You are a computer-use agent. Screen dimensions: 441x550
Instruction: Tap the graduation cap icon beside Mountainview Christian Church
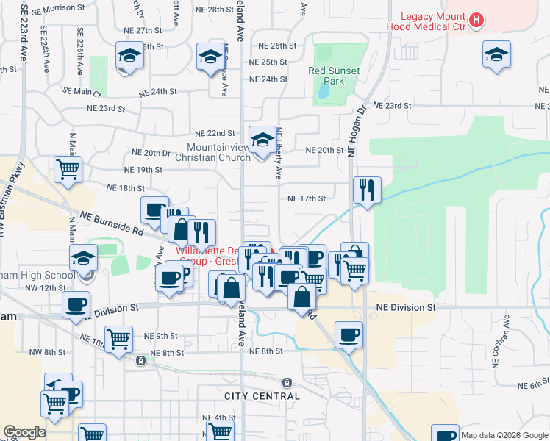262,139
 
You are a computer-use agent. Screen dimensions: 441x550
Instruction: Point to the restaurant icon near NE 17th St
365,190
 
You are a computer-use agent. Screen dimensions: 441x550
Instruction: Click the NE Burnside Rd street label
112,223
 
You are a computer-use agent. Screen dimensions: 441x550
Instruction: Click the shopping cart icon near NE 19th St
68,169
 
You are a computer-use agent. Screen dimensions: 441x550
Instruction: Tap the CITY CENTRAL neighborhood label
262,396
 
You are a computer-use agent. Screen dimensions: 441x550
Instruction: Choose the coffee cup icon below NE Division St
349,334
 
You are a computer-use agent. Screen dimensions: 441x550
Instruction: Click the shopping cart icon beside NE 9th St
118,340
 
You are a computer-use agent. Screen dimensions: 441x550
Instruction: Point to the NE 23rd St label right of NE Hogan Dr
392,105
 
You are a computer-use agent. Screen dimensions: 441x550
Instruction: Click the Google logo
24,432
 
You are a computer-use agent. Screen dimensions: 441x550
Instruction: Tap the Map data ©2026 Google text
504,435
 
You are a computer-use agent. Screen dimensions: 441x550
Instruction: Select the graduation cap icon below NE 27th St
129,56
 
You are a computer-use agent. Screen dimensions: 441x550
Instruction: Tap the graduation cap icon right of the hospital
496,54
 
